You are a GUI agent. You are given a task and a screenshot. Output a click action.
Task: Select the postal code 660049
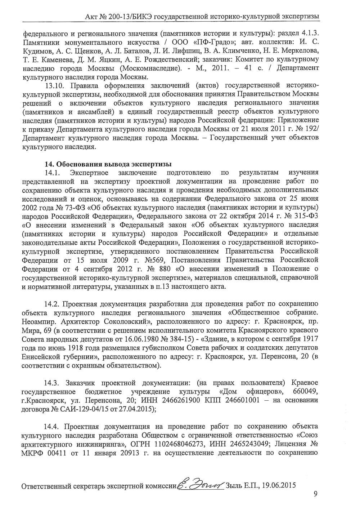[305, 391]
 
